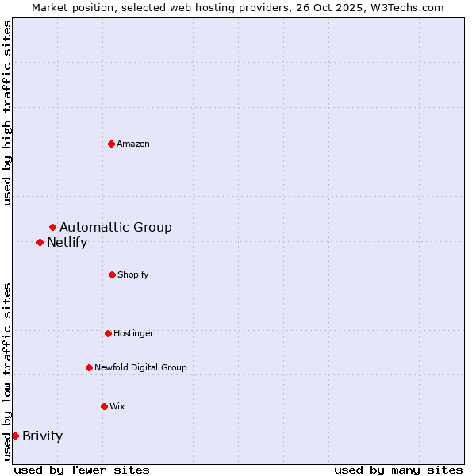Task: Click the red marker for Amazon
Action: coord(111,144)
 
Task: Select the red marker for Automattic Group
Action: coord(52,228)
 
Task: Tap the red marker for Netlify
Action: coord(40,242)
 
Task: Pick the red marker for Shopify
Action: coord(112,274)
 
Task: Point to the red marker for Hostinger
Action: coord(108,333)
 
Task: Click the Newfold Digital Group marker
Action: coord(89,367)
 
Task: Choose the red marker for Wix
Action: coord(104,406)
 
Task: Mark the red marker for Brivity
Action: coord(15,436)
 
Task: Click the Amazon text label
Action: coord(133,144)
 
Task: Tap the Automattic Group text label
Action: coord(116,228)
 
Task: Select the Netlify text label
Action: coord(67,243)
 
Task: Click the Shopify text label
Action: coord(133,274)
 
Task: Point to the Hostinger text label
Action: coord(133,333)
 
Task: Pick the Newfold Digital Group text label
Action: coord(140,367)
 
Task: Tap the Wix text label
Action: coord(117,406)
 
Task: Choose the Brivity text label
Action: coord(42,436)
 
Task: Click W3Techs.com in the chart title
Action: coord(408,7)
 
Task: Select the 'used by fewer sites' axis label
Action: coord(82,470)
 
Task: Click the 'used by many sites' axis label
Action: coord(398,470)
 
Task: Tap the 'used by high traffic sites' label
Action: coord(7,113)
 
